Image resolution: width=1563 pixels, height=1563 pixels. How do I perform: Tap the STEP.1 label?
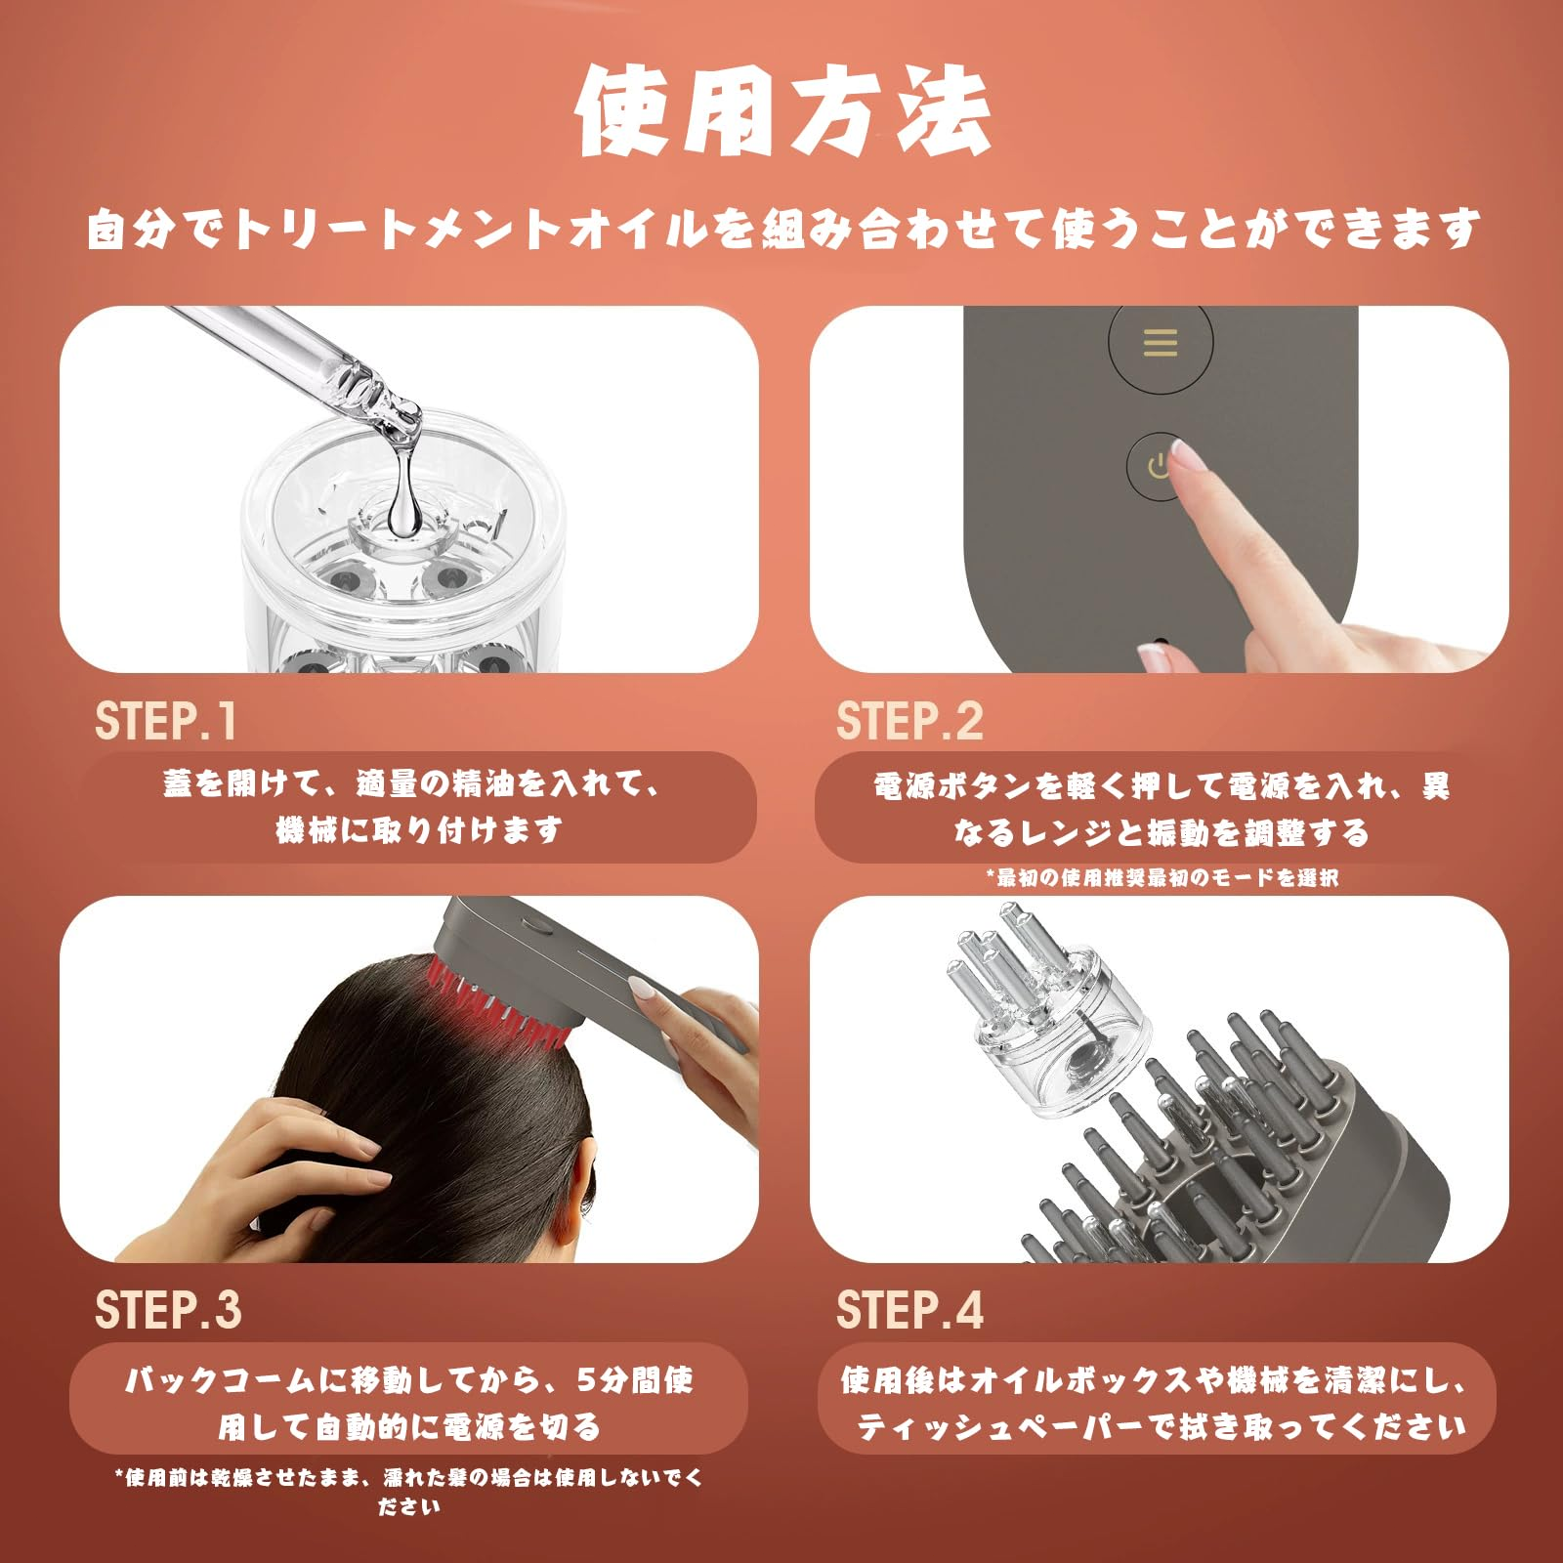166,722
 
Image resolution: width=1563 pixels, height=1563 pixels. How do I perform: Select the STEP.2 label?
909,722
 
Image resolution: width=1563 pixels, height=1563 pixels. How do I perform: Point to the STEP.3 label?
168,1310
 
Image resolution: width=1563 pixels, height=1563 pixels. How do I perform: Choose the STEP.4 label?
909,1310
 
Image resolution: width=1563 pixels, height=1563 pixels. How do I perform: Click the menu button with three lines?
1161,343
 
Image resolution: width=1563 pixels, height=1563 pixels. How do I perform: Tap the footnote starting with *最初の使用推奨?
1162,877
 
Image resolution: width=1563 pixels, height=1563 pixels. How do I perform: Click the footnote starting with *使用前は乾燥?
409,1491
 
